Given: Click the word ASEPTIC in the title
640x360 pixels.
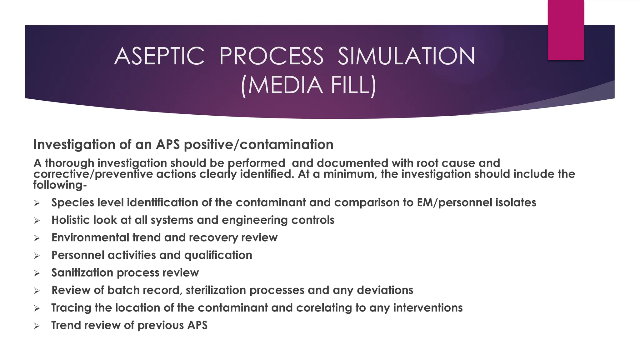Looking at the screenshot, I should click(x=159, y=56).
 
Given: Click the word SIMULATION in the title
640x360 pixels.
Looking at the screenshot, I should click(x=406, y=56).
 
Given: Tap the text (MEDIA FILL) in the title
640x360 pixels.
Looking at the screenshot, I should click(x=308, y=85).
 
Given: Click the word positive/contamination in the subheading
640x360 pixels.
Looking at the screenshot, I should click(x=258, y=145).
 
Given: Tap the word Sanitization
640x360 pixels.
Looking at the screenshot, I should click(x=82, y=272).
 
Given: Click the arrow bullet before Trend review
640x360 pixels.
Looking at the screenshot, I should click(x=37, y=326).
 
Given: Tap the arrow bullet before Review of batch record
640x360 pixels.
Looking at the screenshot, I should click(x=37, y=291).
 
